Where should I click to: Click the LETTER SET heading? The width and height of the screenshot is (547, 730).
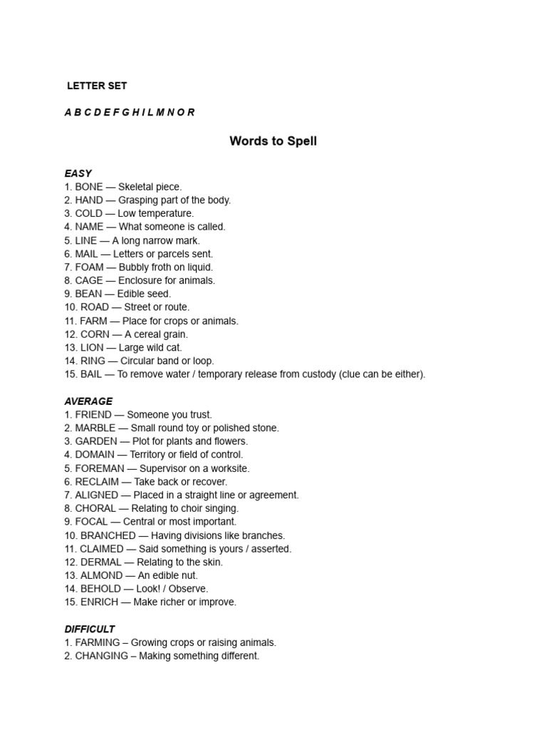coord(97,86)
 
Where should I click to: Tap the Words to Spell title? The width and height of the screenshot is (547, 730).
coord(273,141)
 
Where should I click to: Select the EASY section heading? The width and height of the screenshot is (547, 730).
coord(78,173)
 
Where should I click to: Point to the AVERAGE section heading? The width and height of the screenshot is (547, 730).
coord(88,401)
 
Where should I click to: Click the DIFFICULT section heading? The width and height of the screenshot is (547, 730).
coord(90,629)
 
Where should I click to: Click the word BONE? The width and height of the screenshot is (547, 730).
coord(89,187)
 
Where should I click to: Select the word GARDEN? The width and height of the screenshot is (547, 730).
coord(99,441)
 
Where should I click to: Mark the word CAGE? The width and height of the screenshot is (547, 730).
coord(89,280)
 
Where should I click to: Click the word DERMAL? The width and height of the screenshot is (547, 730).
coord(100,562)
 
